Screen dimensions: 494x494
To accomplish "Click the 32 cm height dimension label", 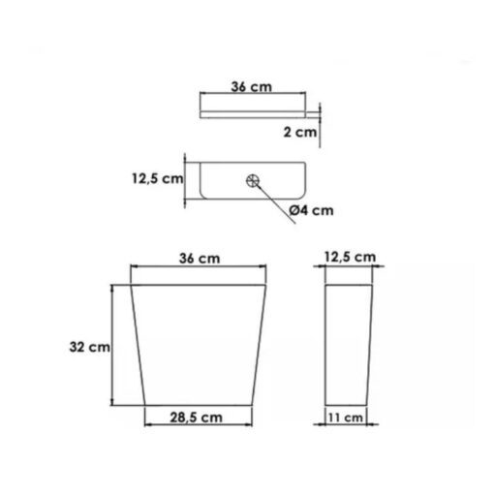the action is click(89, 347).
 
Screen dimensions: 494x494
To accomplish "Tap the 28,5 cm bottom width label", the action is click(197, 417).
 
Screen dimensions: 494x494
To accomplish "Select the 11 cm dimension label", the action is click(346, 417).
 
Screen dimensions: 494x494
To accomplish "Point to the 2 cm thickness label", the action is click(300, 132).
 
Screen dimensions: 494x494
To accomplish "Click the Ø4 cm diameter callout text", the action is click(311, 210).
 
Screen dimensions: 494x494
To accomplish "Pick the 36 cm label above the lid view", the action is click(252, 86).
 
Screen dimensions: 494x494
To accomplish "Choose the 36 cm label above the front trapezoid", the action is click(200, 259).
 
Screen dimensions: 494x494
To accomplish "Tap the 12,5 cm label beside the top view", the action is click(158, 178).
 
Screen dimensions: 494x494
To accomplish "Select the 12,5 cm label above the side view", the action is click(351, 258).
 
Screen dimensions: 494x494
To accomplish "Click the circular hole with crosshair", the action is click(253, 181).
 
